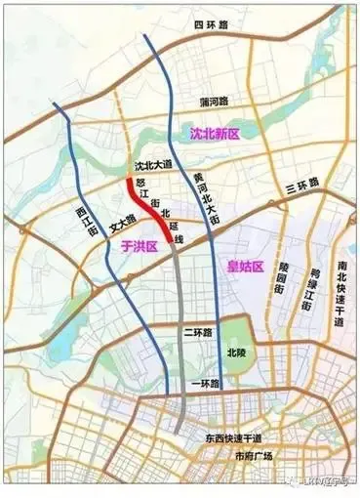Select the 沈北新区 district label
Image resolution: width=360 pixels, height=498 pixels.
pos(216,132)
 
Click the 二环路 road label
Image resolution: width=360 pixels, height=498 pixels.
pos(197,332)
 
